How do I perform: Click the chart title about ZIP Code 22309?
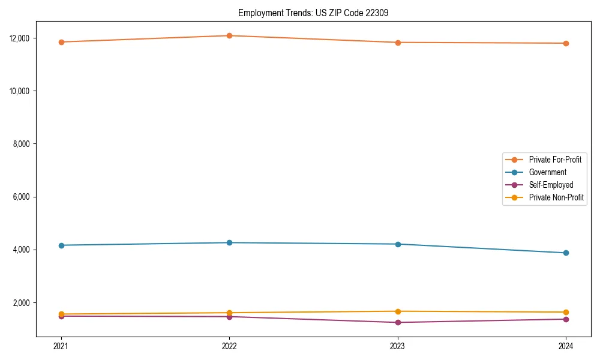[313, 13]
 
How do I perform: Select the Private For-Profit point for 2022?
[229, 35]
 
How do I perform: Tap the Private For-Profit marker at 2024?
[566, 43]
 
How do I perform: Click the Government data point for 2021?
[61, 245]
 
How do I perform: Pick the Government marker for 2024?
[566, 253]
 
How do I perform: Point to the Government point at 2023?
[398, 244]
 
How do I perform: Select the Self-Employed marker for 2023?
[398, 322]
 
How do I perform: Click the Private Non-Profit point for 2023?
[398, 311]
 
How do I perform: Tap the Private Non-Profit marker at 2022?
[229, 313]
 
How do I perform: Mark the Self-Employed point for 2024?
[566, 319]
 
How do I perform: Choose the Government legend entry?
[547, 172]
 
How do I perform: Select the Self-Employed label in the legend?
[551, 185]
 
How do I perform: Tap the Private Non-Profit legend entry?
[556, 197]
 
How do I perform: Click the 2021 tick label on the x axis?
[61, 346]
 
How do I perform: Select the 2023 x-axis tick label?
[398, 346]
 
